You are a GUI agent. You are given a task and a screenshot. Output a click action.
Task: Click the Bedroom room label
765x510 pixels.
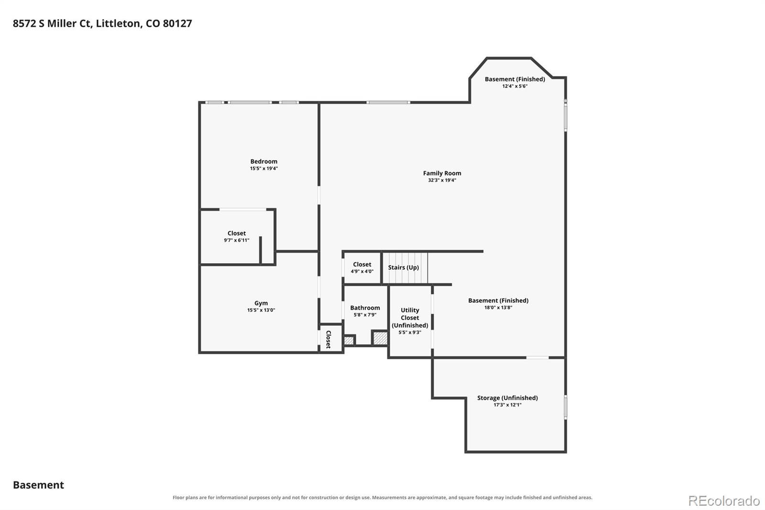pos(263,161)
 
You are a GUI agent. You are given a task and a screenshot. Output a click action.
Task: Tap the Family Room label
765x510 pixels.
pos(442,173)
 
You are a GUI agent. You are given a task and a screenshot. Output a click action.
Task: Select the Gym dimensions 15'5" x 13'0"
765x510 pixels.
pos(261,310)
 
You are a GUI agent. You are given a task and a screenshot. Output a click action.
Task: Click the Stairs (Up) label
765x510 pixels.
pos(404,267)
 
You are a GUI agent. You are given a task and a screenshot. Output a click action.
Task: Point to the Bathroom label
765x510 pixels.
pos(365,308)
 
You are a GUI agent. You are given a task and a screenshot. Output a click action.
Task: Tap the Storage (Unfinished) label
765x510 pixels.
pos(507,398)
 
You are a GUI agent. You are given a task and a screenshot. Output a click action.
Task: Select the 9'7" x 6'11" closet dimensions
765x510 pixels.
pos(236,240)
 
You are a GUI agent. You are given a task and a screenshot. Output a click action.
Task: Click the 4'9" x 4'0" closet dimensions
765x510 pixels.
pos(362,271)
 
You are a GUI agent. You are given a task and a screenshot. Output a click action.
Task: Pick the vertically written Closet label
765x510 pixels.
pos(328,339)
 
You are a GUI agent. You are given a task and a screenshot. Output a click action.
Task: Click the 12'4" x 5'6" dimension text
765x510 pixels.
pos(514,86)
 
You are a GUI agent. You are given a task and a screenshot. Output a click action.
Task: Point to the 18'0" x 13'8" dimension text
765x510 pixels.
pos(498,307)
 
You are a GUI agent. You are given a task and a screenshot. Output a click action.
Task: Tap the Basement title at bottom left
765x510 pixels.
pos(38,485)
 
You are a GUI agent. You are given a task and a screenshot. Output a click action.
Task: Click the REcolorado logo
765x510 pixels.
pos(724,501)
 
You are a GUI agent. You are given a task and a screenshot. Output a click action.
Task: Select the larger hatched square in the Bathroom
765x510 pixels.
pos(380,338)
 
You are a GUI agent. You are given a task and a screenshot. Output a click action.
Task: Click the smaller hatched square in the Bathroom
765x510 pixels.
pos(349,341)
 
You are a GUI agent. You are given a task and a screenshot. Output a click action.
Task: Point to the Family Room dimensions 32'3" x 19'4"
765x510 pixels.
pos(442,180)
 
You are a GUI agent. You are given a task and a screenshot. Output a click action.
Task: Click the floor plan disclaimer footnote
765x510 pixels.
pos(382,498)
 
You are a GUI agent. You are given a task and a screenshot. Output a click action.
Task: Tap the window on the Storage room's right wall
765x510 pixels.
pos(566,407)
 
